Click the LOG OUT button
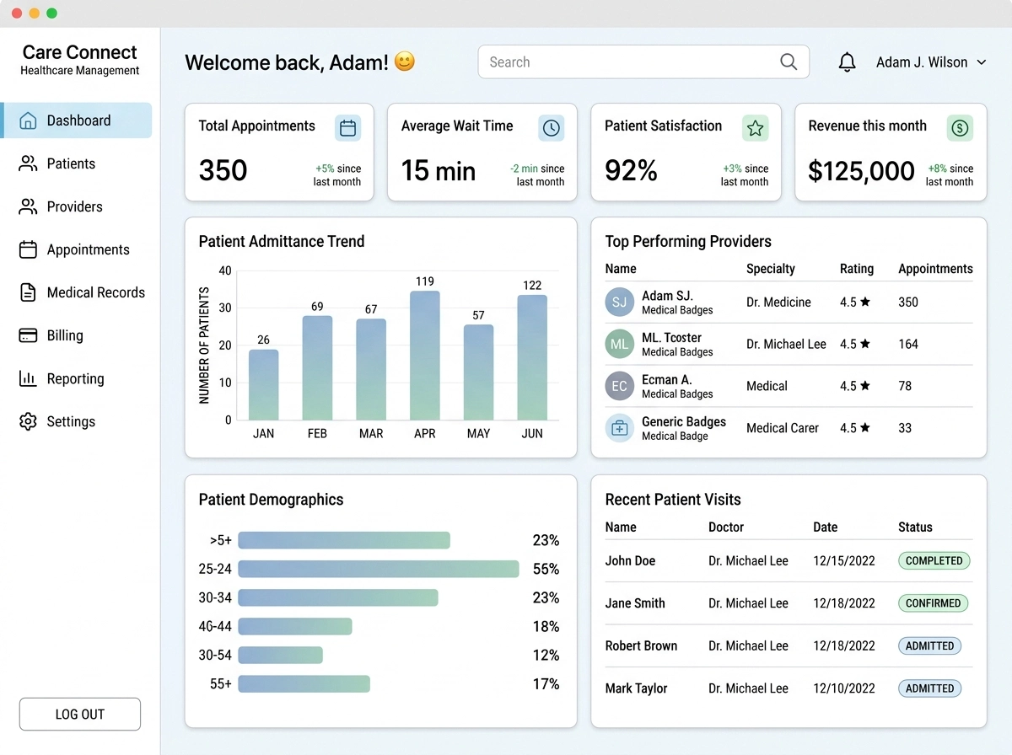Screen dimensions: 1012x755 point(80,714)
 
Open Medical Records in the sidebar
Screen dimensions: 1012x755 point(82,292)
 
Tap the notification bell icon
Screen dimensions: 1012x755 point(847,62)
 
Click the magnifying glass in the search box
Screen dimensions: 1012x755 point(789,62)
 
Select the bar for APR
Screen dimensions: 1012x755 point(425,355)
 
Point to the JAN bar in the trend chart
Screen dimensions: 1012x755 point(263,384)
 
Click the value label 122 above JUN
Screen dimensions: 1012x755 point(532,285)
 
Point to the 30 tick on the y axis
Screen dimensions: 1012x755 point(225,308)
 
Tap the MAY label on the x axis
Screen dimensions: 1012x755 point(478,433)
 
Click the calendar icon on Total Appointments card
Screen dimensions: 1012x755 point(347,127)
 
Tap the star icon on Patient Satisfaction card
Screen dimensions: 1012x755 point(755,127)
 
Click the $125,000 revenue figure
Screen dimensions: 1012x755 point(861,171)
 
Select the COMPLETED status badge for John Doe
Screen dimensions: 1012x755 point(934,560)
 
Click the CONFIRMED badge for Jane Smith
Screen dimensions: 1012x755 point(934,603)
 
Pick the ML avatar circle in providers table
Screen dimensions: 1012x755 point(619,344)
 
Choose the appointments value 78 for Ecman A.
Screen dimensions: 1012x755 point(905,386)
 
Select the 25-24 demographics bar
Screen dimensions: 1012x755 point(379,569)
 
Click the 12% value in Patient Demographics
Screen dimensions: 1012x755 point(546,655)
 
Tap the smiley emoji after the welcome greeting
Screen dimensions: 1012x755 point(404,62)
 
